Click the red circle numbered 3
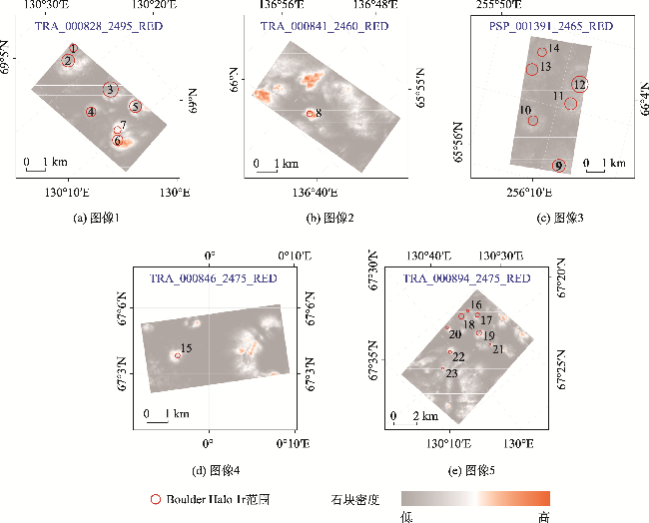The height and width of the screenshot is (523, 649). pyautogui.click(x=110, y=90)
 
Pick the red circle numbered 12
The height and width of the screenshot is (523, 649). pyautogui.click(x=580, y=84)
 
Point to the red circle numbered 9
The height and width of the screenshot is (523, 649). pyautogui.click(x=558, y=165)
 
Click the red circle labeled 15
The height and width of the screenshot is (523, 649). pyautogui.click(x=177, y=355)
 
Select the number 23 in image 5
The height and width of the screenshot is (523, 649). pyautogui.click(x=452, y=373)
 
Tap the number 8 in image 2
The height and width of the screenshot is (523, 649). pyautogui.click(x=319, y=113)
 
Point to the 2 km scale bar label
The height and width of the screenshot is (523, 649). pyautogui.click(x=426, y=415)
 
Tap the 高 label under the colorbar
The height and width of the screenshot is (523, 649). pyautogui.click(x=544, y=516)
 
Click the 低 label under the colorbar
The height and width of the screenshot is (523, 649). pyautogui.click(x=407, y=516)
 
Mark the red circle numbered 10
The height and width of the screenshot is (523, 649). pyautogui.click(x=532, y=120)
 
